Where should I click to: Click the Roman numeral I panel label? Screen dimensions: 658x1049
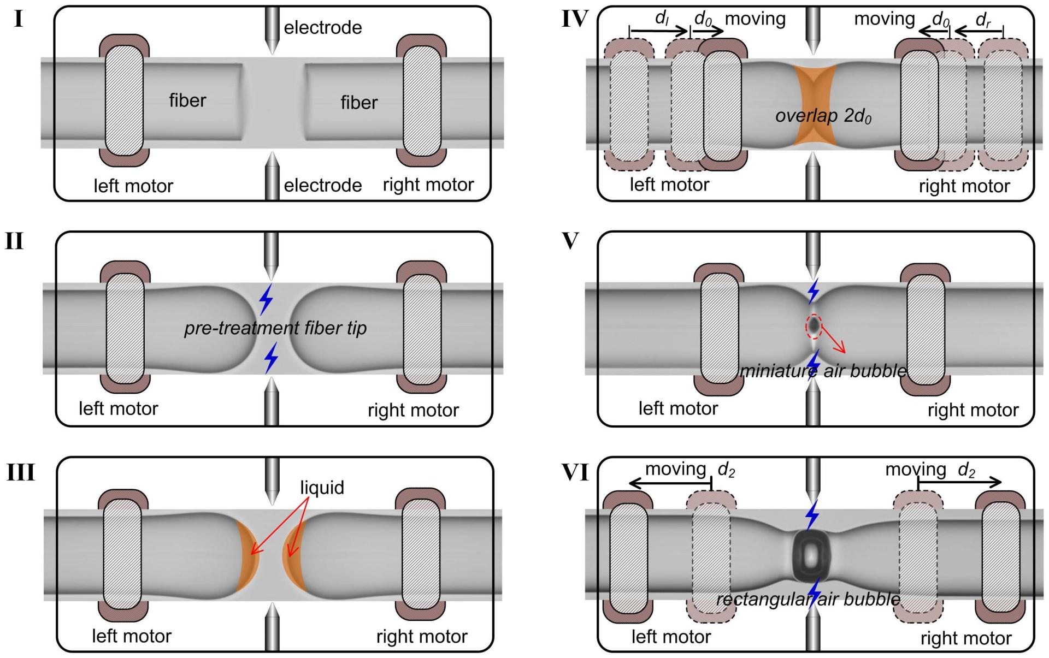[x=18, y=20]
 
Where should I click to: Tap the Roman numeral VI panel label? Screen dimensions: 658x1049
[x=575, y=473]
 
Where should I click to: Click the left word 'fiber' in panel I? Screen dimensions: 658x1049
[x=187, y=100]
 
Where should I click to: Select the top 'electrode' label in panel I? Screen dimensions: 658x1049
[x=323, y=27]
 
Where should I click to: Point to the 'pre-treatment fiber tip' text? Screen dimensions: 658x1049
[x=275, y=328]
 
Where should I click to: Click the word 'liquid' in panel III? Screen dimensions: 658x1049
[x=322, y=487]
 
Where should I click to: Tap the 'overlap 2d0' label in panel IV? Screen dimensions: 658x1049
[x=823, y=116]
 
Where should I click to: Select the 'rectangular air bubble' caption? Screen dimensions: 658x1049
[x=808, y=599]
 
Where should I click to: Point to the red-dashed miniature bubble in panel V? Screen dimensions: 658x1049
[x=814, y=326]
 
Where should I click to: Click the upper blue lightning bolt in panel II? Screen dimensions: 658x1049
[x=266, y=299]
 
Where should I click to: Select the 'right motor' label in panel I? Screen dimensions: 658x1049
[x=428, y=185]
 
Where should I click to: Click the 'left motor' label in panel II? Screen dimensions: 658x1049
[x=118, y=408]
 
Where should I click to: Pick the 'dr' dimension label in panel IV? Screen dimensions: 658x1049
[x=983, y=21]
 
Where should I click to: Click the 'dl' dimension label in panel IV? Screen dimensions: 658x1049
[x=662, y=19]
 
